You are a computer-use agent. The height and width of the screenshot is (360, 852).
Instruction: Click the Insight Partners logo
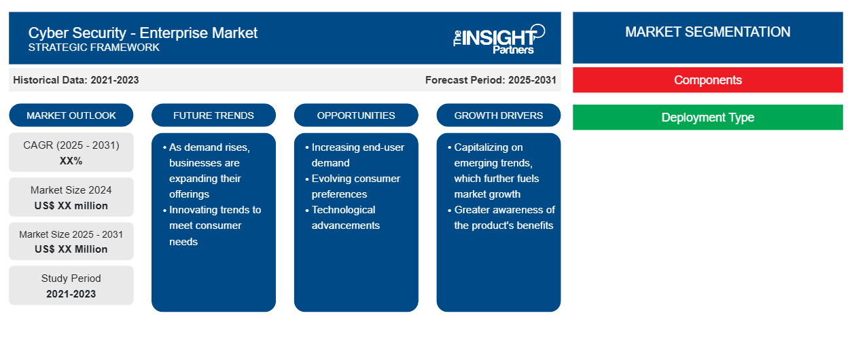click(x=499, y=39)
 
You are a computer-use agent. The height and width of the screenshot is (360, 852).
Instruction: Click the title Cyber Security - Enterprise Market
click(x=143, y=33)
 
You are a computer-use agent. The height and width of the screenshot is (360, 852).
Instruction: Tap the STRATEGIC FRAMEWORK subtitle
click(x=94, y=48)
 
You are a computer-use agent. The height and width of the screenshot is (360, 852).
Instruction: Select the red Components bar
click(x=707, y=80)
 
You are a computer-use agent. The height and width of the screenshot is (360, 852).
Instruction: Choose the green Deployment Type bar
click(x=707, y=117)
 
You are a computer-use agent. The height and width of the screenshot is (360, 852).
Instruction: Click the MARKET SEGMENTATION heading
click(x=707, y=32)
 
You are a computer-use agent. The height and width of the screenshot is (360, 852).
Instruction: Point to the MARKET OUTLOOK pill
click(x=71, y=115)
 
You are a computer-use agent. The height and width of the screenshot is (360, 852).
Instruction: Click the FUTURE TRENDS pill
click(x=213, y=115)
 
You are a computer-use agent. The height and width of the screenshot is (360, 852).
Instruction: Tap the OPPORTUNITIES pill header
click(x=356, y=115)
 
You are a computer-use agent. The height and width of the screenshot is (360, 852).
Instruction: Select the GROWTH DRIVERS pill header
click(x=498, y=115)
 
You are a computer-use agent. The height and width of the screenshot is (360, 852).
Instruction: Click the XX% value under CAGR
click(x=71, y=161)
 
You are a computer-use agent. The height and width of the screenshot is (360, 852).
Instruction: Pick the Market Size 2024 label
click(x=71, y=190)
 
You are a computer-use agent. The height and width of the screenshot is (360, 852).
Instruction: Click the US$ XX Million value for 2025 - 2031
click(x=71, y=249)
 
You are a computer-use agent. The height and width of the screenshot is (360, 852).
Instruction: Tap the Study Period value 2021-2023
click(x=71, y=294)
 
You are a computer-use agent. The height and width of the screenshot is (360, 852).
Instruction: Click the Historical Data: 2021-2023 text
click(x=76, y=80)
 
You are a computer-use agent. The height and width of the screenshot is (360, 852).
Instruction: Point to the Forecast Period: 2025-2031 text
click(x=491, y=80)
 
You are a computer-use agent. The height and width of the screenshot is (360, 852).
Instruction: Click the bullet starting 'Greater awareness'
click(x=501, y=217)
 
